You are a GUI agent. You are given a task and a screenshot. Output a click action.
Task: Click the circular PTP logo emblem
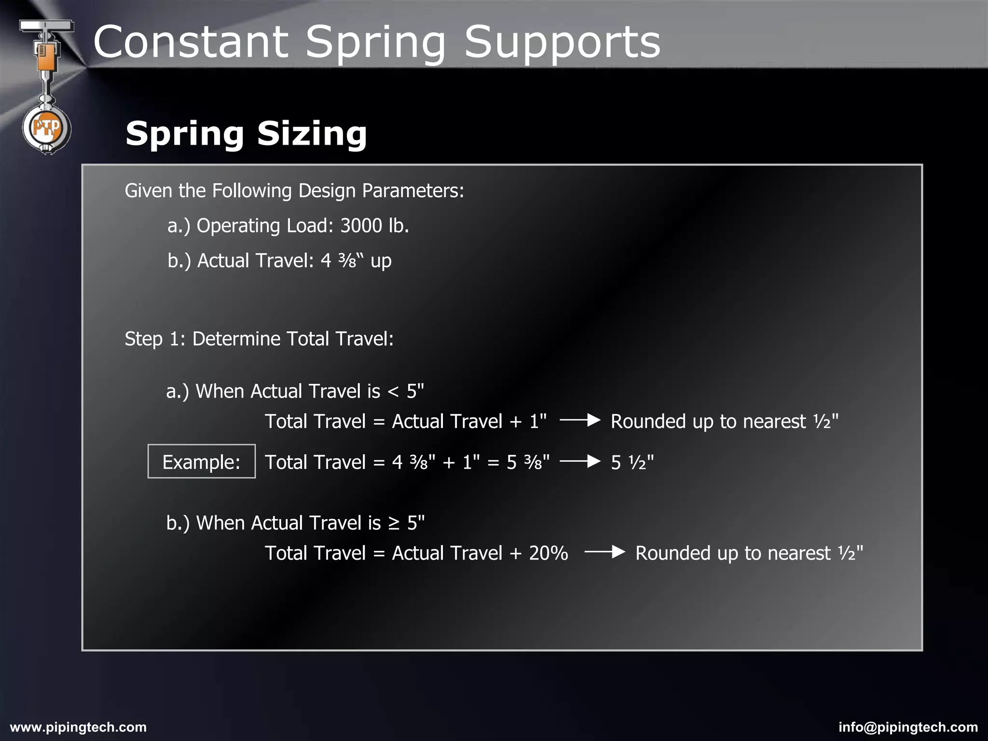pos(46,128)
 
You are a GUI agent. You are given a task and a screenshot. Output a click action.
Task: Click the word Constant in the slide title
pos(191,42)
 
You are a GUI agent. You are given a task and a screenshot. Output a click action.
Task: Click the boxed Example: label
pos(201,462)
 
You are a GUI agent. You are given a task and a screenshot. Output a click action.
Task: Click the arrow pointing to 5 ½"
pos(580,462)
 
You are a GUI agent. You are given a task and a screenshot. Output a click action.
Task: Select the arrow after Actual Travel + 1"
pos(580,421)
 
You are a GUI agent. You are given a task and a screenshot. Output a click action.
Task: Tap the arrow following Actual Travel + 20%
pos(604,552)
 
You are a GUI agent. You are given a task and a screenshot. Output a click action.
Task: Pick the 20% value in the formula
pos(549,553)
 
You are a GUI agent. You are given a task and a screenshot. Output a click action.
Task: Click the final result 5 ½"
pos(632,462)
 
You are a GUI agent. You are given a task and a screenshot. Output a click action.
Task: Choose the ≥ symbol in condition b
pos(394,523)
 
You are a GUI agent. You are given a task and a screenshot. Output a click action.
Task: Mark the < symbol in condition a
pos(394,391)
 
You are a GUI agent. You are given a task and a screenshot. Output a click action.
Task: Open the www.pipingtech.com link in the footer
pos(78,727)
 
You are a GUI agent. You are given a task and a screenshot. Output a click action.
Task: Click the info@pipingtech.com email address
pos(908,727)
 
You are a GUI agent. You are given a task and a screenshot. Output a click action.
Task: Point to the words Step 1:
pos(155,339)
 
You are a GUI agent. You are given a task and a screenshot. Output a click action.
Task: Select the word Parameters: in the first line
pos(413,191)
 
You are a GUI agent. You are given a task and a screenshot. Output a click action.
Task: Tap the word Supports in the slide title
pos(562,42)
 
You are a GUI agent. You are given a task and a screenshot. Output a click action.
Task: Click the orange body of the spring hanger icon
pos(46,58)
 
